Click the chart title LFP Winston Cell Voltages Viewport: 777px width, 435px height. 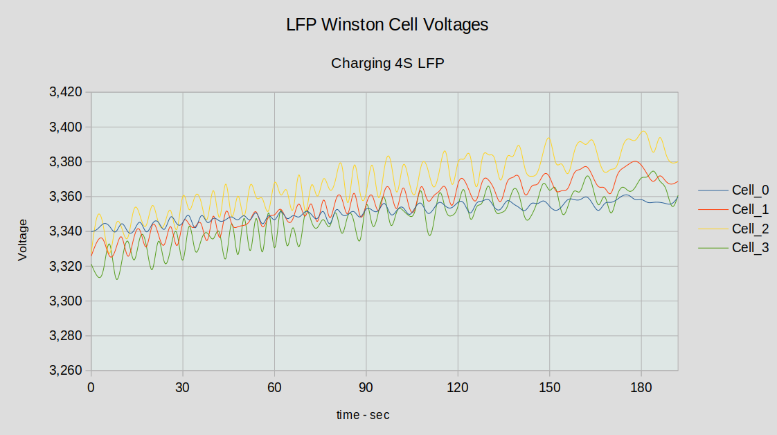387,24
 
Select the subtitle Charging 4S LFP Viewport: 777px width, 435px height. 387,63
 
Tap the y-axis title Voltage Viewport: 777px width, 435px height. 23,240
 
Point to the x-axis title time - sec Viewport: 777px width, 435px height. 363,415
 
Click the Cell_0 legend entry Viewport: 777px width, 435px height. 751,190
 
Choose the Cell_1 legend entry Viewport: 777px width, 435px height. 751,209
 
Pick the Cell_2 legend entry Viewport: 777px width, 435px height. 751,229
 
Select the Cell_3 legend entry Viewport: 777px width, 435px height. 751,248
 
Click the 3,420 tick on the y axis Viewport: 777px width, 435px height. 66,92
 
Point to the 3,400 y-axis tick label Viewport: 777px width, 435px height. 66,127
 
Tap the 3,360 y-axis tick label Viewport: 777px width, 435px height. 66,197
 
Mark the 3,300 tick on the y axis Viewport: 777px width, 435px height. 66,301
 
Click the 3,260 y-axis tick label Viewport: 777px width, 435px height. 66,371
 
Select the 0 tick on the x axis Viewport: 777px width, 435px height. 91,387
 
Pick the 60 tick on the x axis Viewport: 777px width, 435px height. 274,387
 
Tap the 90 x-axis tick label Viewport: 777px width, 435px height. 366,387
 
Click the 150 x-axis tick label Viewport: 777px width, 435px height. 549,387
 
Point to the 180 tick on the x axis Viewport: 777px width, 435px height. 641,387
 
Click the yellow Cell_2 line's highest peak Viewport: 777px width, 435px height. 643,131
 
